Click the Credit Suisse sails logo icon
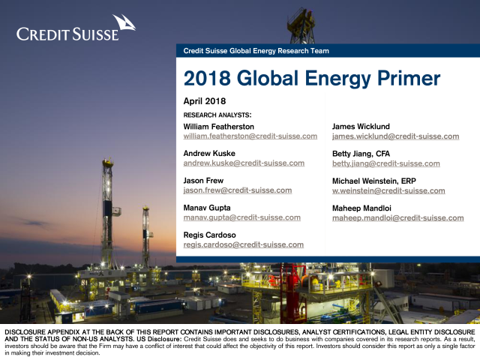click(x=124, y=22)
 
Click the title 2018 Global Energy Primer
click(x=312, y=78)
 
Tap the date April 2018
click(x=205, y=101)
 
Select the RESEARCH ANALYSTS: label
click(x=217, y=115)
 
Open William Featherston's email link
click(x=250, y=136)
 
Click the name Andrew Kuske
click(x=209, y=153)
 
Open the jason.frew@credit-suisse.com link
click(x=238, y=190)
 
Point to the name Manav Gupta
click(x=207, y=208)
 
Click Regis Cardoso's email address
click(x=243, y=245)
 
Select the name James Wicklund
click(x=361, y=127)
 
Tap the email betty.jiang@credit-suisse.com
click(x=386, y=163)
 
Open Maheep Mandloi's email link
click(x=398, y=218)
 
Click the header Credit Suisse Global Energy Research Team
click(x=256, y=51)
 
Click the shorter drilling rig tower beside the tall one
click(x=146, y=235)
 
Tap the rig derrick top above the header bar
click(x=301, y=26)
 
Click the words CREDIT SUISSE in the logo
click(x=67, y=34)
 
